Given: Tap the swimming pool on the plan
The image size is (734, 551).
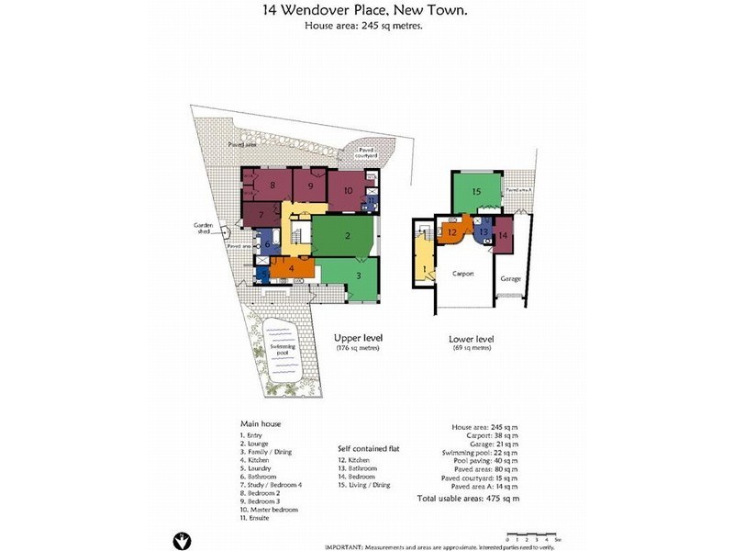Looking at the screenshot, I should tap(279, 351).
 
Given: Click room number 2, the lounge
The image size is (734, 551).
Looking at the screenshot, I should tap(348, 236).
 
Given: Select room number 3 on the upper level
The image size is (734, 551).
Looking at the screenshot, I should tap(359, 276).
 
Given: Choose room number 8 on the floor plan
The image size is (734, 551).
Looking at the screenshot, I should tap(272, 186).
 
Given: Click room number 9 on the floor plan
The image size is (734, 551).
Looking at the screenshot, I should tap(311, 186).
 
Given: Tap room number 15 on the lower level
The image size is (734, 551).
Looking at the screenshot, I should tap(476, 192).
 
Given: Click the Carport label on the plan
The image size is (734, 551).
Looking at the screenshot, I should tap(462, 274).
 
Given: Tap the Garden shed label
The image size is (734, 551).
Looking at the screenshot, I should tap(203, 229).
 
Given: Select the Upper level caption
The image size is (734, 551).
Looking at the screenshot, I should tap(357, 339).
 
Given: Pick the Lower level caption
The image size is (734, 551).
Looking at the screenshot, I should tap(472, 339).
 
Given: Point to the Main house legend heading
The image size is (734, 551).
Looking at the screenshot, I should tap(261, 423).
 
